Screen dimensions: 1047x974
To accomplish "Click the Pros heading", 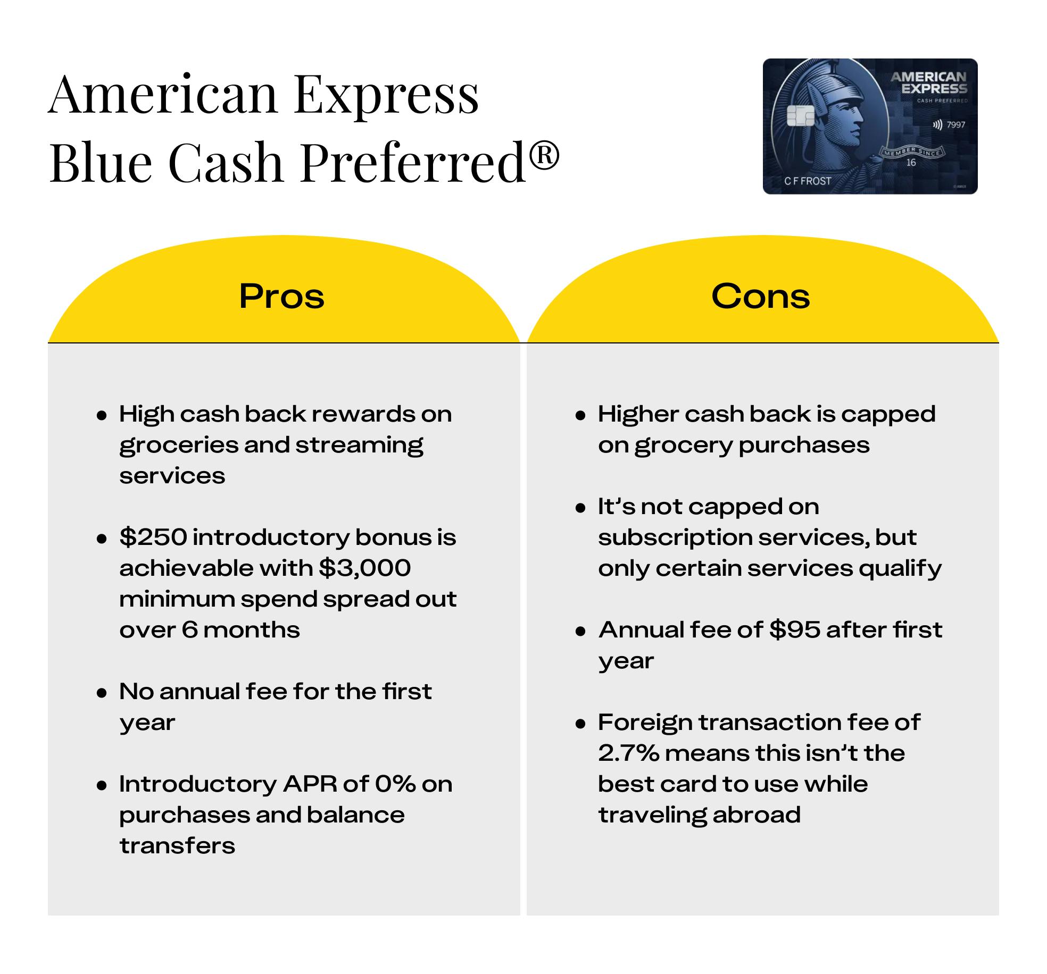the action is pyautogui.click(x=281, y=296).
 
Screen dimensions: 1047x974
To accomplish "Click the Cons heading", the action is pyautogui.click(x=760, y=296).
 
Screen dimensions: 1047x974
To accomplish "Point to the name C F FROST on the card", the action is pyautogui.click(x=807, y=181).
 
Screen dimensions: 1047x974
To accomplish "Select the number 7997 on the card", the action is pyautogui.click(x=956, y=124).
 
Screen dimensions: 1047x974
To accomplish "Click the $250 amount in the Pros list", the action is pyautogui.click(x=153, y=537).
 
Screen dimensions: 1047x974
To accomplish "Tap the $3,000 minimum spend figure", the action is pyautogui.click(x=364, y=568).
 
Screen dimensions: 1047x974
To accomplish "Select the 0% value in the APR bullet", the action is pyautogui.click(x=395, y=784).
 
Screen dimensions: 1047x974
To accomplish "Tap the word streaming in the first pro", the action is pyautogui.click(x=359, y=446).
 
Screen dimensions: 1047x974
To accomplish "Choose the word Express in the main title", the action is pyautogui.click(x=386, y=96).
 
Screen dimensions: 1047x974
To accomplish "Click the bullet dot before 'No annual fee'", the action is pyautogui.click(x=102, y=693).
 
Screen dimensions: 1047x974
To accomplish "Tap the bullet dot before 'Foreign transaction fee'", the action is pyautogui.click(x=580, y=724).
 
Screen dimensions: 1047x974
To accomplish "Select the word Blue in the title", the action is pyautogui.click(x=101, y=162).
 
